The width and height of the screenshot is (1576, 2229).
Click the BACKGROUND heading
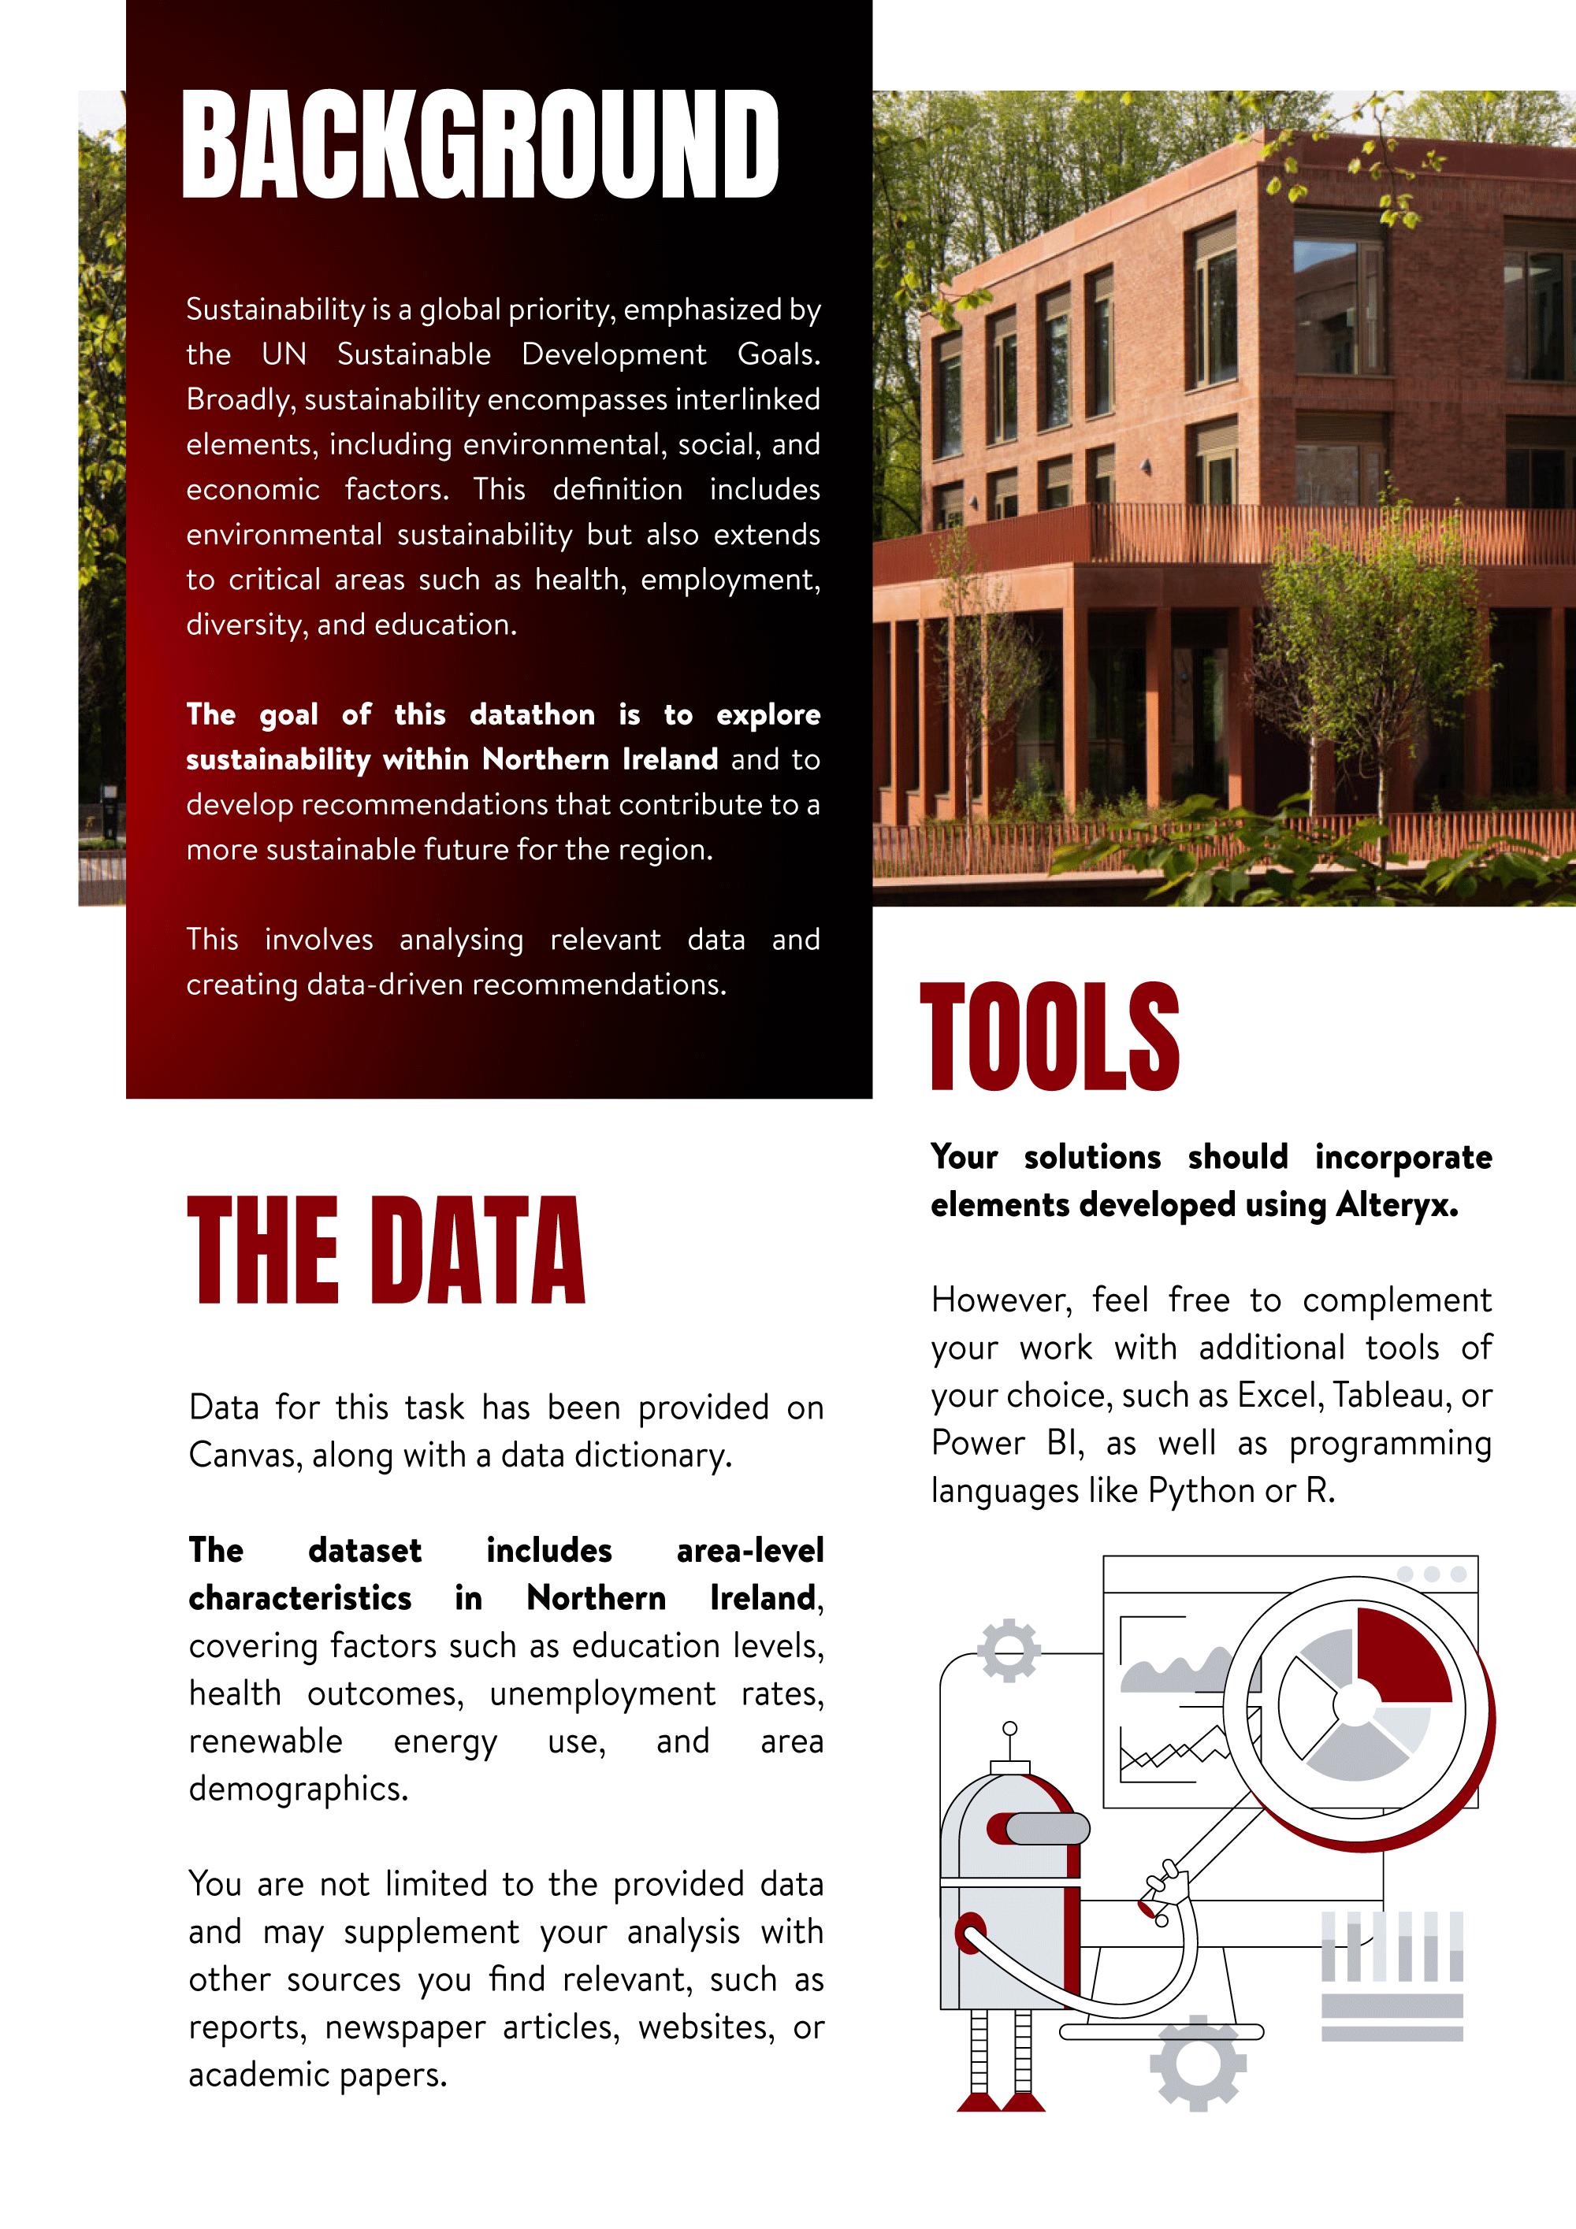pos(480,145)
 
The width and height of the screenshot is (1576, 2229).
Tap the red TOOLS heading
pos(1049,1036)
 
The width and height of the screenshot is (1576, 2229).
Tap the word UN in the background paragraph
pos(284,354)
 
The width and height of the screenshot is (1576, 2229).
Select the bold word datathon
pos(532,715)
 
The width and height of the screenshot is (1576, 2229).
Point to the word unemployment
pos(602,1694)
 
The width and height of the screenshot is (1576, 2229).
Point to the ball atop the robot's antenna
pos(1010,1729)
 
